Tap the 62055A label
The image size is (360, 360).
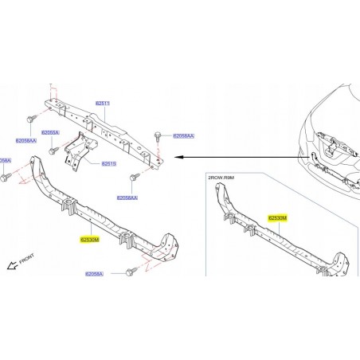coord(50,132)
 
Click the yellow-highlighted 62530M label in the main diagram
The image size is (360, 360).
coord(89,238)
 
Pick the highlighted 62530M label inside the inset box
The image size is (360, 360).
coord(278,217)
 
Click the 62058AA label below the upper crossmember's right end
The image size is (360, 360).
coord(127,197)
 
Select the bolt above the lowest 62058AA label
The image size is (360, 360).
coord(135,176)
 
